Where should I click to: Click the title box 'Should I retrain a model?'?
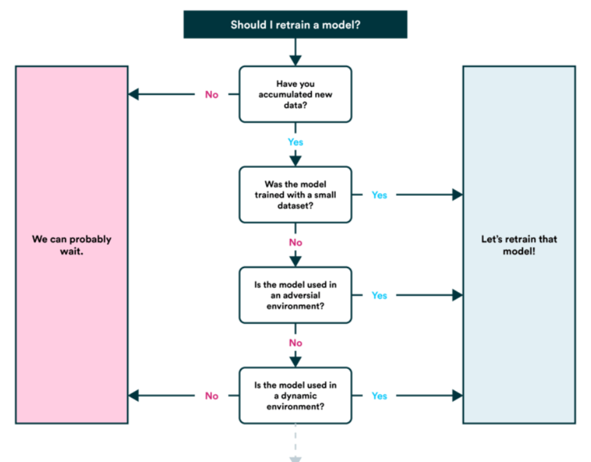pos(295,25)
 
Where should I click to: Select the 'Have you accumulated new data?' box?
pos(295,94)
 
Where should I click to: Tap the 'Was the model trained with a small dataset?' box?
pos(295,194)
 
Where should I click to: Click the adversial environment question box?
pos(295,295)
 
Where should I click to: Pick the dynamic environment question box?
pos(295,396)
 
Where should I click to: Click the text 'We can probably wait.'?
pos(72,244)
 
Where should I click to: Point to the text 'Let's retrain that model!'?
pos(519,244)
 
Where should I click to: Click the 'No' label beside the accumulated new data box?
pos(211,94)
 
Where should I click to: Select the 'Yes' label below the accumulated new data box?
pos(295,142)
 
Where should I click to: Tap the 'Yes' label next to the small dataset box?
pos(379,195)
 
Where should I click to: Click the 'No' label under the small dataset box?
pos(295,242)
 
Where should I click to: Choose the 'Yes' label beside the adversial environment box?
pos(379,295)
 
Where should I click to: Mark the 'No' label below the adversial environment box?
pos(295,343)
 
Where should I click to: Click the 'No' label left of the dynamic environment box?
pos(211,396)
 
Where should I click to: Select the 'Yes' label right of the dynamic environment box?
pos(379,396)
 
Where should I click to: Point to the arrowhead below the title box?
pos(295,60)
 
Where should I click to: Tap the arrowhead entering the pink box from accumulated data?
pos(134,94)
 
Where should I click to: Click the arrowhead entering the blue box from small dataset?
pos(457,194)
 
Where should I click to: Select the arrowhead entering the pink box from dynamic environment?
pos(134,396)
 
